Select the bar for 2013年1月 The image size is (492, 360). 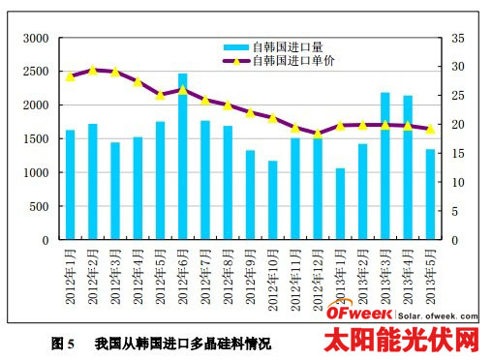(x=340, y=204)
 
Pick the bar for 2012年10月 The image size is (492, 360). (x=272, y=200)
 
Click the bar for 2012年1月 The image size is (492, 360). (x=70, y=185)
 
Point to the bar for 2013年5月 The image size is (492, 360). (x=430, y=195)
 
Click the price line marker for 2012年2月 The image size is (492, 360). (x=92, y=71)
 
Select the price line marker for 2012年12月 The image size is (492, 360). (x=318, y=133)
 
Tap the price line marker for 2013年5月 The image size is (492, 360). (x=430, y=128)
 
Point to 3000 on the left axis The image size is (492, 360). (x=35, y=38)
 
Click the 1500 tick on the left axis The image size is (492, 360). (x=35, y=139)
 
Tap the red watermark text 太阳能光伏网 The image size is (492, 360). (x=401, y=340)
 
